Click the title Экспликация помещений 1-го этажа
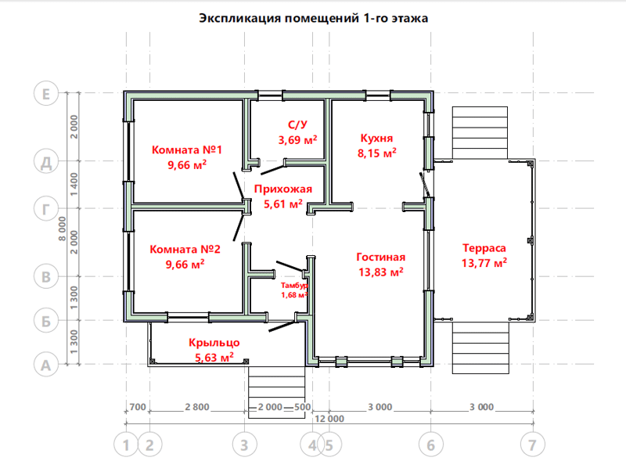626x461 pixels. [314, 18]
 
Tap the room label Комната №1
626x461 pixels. [186, 149]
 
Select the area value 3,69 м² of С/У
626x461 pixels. [297, 140]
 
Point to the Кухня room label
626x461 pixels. [376, 139]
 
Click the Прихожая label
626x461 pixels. [283, 189]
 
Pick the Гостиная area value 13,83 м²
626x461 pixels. [381, 272]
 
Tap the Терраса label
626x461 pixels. [484, 248]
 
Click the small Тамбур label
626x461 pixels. [294, 286]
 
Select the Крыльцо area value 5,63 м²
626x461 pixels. [214, 357]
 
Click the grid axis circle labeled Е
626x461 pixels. [46, 94]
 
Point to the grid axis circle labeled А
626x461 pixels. [46, 366]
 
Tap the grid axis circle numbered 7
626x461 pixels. [533, 445]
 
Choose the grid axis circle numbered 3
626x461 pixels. [244, 445]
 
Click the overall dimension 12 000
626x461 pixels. [329, 419]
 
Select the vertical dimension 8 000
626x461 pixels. [63, 229]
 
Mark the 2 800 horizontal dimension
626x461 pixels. [197, 407]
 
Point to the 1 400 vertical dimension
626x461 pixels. [74, 184]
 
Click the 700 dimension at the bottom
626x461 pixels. [138, 407]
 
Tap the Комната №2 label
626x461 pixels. [185, 249]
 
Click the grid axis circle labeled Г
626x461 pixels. [46, 209]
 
